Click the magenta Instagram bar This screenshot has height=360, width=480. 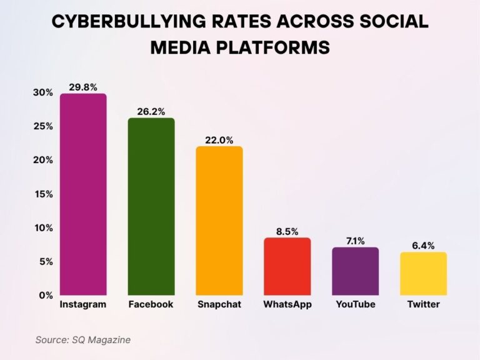click(83, 194)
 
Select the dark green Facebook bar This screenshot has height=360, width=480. click(151, 206)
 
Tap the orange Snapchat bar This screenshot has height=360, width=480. click(219, 221)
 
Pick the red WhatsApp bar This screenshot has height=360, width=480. click(287, 266)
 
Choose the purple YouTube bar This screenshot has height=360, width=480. click(355, 271)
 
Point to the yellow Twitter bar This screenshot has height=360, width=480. click(423, 274)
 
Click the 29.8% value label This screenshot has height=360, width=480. click(83, 87)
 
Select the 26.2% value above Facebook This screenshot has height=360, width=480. click(151, 112)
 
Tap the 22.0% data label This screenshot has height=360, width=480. click(219, 141)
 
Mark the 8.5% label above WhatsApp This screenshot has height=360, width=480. click(287, 232)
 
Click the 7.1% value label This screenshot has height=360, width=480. click(355, 241)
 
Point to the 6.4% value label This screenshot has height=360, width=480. click(423, 246)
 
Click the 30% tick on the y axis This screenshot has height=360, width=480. click(42, 92)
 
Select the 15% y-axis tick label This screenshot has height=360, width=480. click(42, 194)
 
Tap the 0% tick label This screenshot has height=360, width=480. click(45, 295)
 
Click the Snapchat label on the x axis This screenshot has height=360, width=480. click(219, 305)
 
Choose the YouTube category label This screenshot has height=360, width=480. click(355, 305)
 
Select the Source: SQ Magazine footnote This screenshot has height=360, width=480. click(82, 339)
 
